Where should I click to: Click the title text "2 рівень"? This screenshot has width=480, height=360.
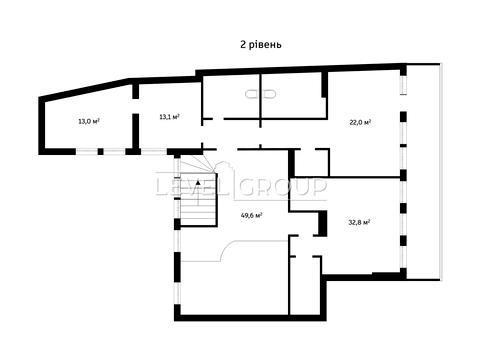(261, 44)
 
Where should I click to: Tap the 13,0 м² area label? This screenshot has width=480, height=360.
(89, 121)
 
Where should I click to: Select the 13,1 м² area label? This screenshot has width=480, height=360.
(170, 117)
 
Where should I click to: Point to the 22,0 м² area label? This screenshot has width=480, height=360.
(360, 122)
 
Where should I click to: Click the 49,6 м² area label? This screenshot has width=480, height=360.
(251, 215)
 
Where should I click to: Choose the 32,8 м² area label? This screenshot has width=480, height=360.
(359, 222)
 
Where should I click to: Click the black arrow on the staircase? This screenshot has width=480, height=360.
(198, 182)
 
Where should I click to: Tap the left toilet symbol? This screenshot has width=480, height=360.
(252, 94)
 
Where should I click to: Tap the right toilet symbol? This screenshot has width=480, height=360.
(269, 94)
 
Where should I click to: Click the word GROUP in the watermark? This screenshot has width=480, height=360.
(282, 187)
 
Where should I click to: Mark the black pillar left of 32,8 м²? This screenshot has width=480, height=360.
(322, 223)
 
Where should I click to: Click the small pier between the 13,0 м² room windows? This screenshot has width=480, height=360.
(100, 152)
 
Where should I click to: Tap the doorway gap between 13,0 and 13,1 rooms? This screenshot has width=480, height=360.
(135, 106)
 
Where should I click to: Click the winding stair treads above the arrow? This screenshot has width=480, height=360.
(197, 164)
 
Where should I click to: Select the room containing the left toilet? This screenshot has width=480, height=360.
(231, 97)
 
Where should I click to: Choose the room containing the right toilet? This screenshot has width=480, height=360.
(292, 97)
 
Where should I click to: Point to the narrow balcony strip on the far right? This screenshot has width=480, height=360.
(424, 172)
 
